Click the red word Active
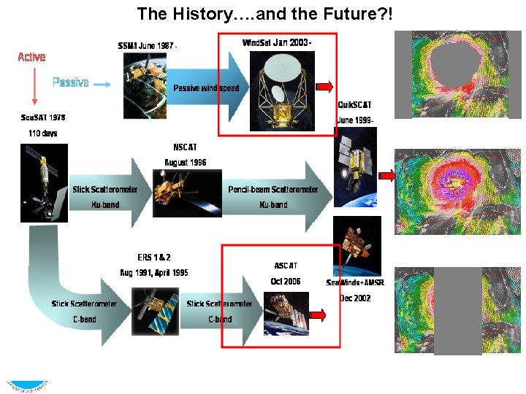click(31, 57)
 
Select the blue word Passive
click(70, 82)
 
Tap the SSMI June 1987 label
click(148, 46)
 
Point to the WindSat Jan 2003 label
click(277, 42)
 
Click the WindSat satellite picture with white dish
click(281, 90)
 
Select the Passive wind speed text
click(205, 88)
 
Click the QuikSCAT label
click(354, 105)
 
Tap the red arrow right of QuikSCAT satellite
click(387, 175)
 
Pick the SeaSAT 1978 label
click(42, 117)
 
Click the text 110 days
click(42, 134)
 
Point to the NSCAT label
click(185, 147)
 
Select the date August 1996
click(185, 162)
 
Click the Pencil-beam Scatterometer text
click(273, 190)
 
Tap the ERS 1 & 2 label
click(154, 258)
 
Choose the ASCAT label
click(286, 266)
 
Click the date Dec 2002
click(355, 298)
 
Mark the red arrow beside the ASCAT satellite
click(317, 314)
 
